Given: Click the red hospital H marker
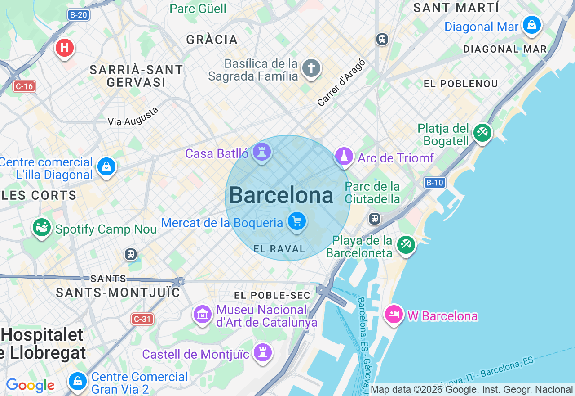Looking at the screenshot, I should click(65, 48).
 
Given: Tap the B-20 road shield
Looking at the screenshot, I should click(79, 15).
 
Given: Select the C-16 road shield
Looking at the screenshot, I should click(24, 86).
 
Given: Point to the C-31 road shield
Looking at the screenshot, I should click(142, 319).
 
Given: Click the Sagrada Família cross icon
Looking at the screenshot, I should click(311, 68).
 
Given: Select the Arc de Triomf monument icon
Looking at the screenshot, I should click(344, 157).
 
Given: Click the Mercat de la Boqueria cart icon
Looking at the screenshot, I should click(296, 221).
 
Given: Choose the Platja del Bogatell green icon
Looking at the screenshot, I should click(482, 132).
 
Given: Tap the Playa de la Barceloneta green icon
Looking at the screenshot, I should click(406, 244).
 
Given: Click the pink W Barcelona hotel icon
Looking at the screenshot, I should click(394, 314).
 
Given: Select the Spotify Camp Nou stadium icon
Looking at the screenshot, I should click(42, 227).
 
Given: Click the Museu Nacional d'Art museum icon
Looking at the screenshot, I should click(203, 314).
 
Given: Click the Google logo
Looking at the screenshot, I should click(30, 385).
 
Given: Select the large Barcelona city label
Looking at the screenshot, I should click(281, 196).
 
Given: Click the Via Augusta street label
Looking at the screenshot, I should click(133, 117).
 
